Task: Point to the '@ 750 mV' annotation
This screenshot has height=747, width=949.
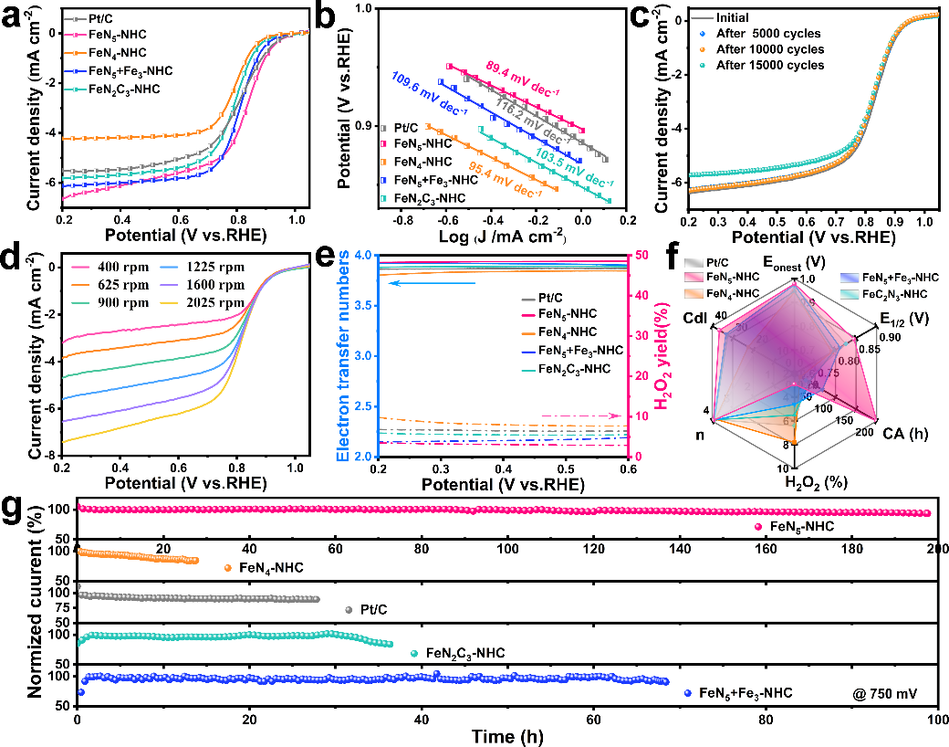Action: [881, 694]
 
